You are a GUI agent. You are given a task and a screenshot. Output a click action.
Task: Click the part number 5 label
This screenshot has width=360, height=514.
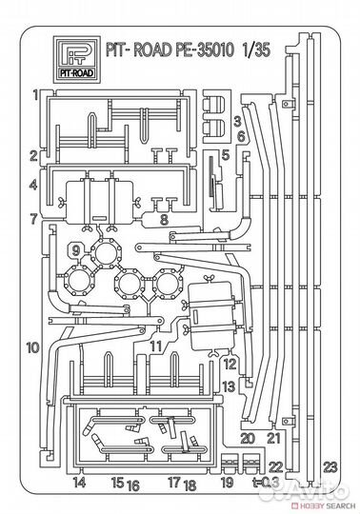click(226, 154)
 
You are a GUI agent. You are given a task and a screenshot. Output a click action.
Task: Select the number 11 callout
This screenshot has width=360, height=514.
click(154, 346)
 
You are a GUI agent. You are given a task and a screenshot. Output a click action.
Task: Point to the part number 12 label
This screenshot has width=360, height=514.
click(228, 364)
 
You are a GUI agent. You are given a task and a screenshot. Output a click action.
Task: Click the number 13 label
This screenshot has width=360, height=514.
click(228, 385)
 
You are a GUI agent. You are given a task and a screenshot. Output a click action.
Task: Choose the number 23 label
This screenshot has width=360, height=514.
click(330, 466)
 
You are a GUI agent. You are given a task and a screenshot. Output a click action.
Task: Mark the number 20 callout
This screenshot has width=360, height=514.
click(247, 438)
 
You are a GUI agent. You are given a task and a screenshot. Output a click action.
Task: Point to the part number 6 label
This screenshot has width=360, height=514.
click(242, 136)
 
